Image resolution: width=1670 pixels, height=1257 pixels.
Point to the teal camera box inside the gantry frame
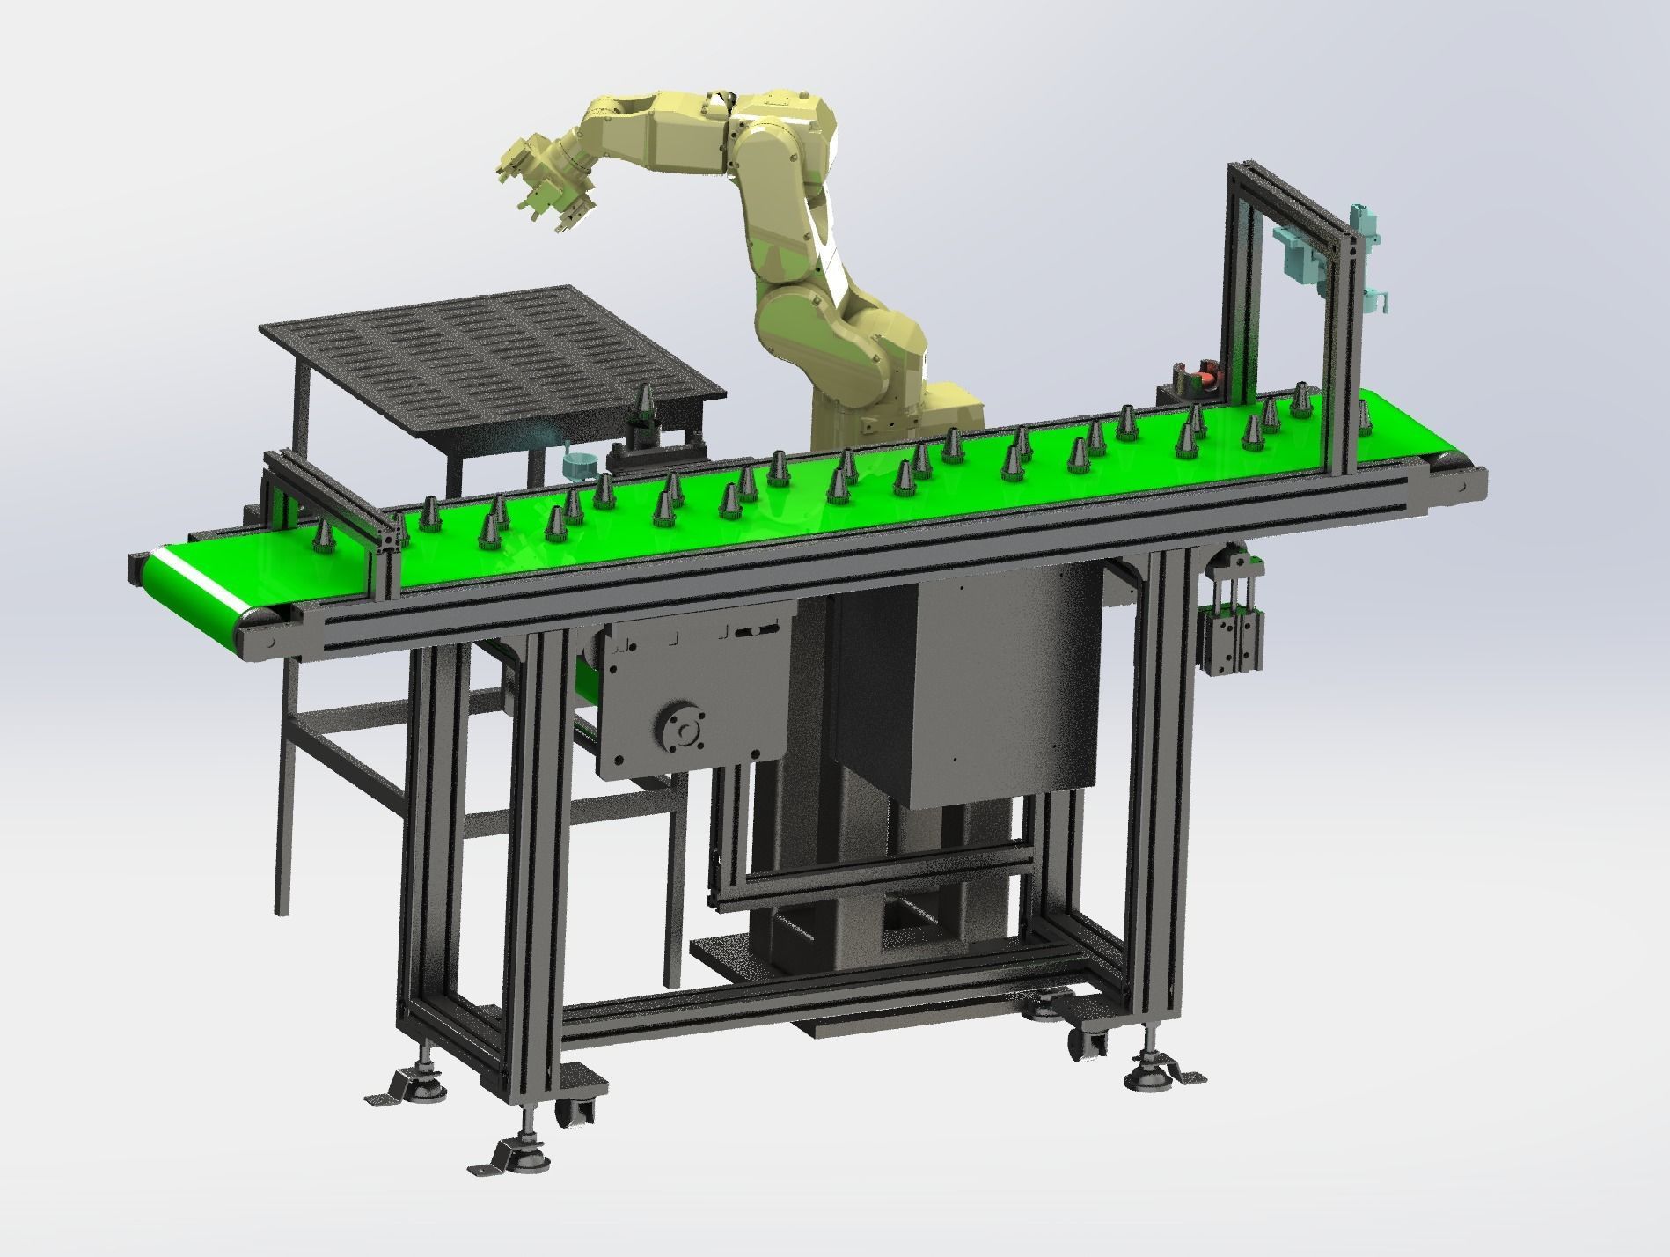pyautogui.click(x=1300, y=250)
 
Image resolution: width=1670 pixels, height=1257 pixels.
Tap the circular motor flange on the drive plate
pyautogui.click(x=680, y=727)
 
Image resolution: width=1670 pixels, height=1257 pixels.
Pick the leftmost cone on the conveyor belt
pyautogui.click(x=323, y=536)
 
